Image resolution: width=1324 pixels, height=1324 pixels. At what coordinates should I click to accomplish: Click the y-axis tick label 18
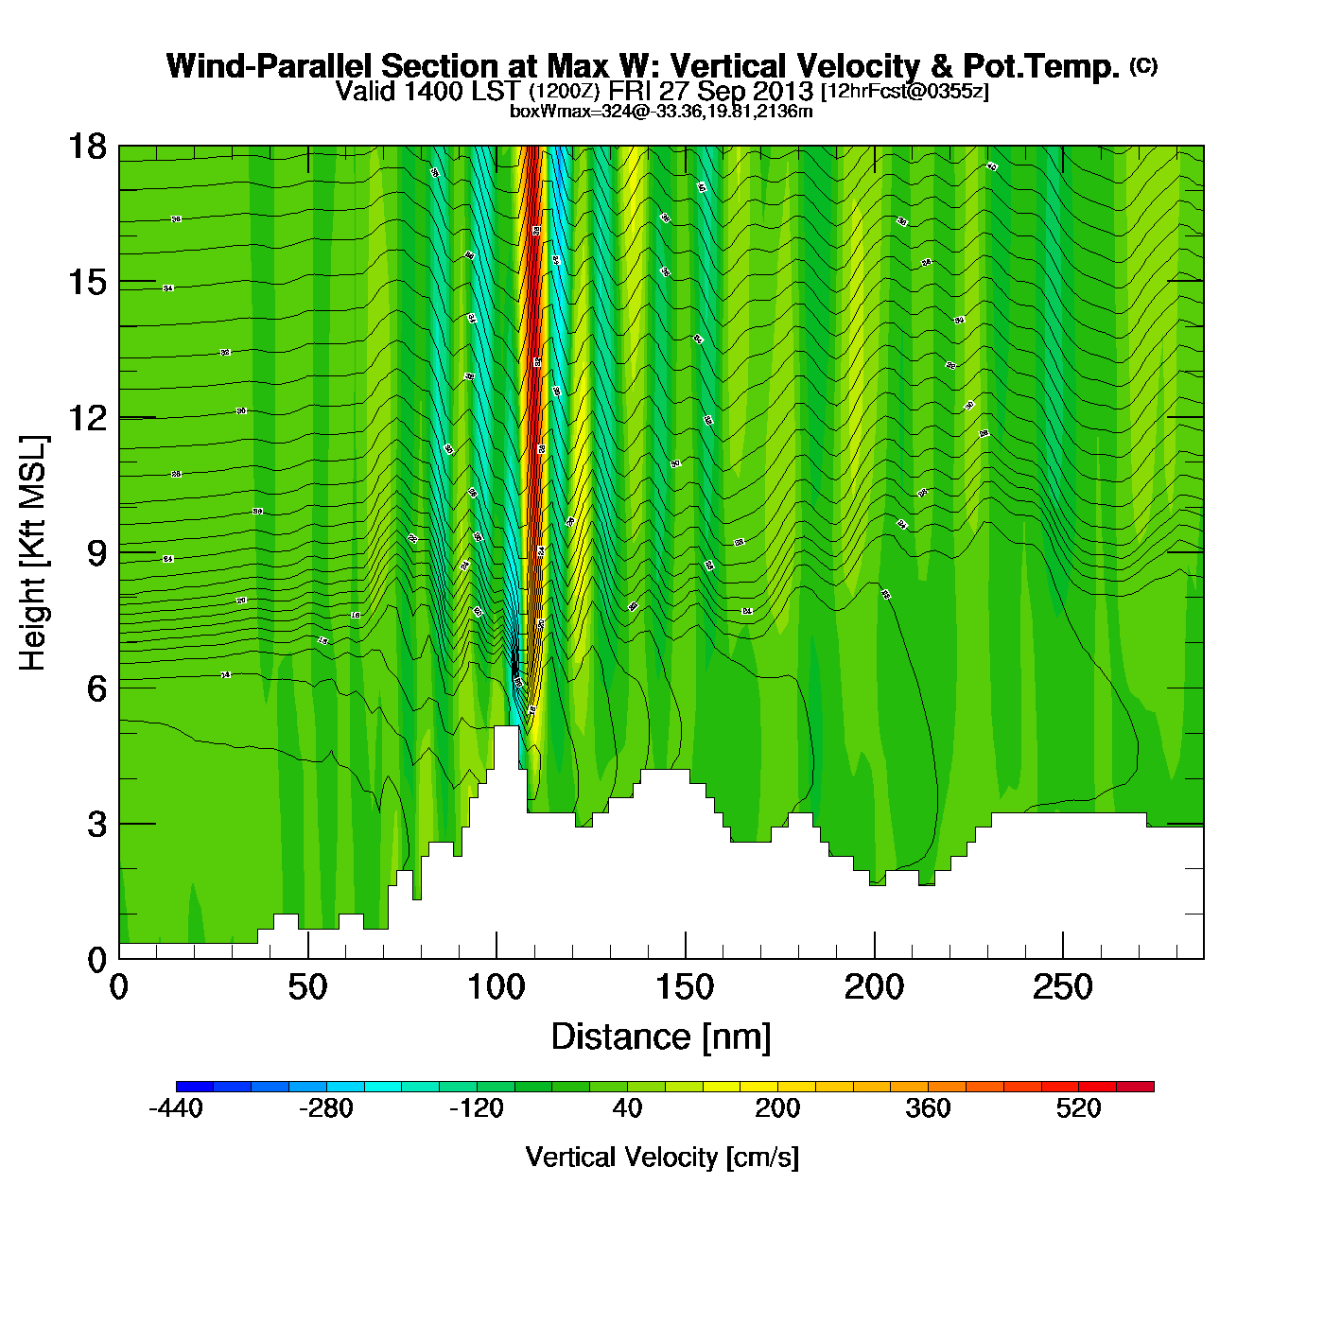pyautogui.click(x=86, y=147)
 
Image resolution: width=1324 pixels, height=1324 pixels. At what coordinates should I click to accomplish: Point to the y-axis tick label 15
pyautogui.click(x=86, y=282)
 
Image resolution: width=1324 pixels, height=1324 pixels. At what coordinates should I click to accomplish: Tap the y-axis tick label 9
pyautogui.click(x=96, y=553)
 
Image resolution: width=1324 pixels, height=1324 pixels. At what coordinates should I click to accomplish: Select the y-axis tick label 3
pyautogui.click(x=96, y=824)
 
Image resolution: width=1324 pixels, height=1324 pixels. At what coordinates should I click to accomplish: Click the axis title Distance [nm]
pyautogui.click(x=661, y=1037)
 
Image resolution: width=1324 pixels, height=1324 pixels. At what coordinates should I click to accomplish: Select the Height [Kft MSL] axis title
pyautogui.click(x=33, y=553)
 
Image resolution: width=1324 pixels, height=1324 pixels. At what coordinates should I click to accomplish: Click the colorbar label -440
pyautogui.click(x=176, y=1108)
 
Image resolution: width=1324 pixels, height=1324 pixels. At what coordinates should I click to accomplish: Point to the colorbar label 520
pyautogui.click(x=1078, y=1108)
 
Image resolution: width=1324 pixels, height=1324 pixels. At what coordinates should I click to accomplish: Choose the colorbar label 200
pyautogui.click(x=777, y=1108)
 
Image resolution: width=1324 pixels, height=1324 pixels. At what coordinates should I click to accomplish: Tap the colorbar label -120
pyautogui.click(x=477, y=1108)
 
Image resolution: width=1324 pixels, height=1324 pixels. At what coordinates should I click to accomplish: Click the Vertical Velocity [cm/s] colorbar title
pyautogui.click(x=662, y=1158)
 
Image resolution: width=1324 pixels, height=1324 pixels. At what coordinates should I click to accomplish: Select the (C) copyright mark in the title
pyautogui.click(x=1142, y=65)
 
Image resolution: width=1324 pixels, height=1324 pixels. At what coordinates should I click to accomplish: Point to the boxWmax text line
pyautogui.click(x=661, y=112)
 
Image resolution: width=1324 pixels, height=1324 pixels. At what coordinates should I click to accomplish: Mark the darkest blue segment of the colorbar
pyautogui.click(x=195, y=1086)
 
